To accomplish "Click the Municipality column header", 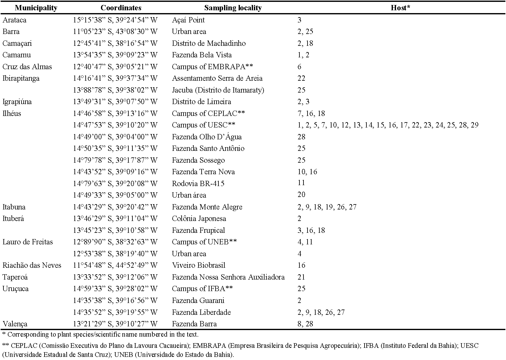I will pos(36,8).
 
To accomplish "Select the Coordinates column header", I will pos(121,8).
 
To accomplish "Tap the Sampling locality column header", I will pos(233,8).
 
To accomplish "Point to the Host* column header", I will pos(400,8).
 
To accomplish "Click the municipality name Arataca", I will pos(14,20).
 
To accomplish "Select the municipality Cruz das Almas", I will pos(27,67).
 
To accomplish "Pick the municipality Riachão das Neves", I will pos(32,265).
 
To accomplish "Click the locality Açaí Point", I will pos(188,20).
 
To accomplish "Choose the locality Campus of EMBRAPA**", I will pos(212,67).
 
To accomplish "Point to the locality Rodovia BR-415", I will pos(198,184).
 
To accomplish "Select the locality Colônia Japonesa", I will pos(199,218).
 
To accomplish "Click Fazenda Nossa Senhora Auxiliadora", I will pos(228,277).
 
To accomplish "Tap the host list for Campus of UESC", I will pos(388,125).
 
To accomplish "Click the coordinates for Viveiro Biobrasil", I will pos(115,265).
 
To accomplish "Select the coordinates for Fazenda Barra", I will pos(115,324).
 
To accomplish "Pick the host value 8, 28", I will pos(305,324).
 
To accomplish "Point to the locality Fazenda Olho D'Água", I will pos(207,137).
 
